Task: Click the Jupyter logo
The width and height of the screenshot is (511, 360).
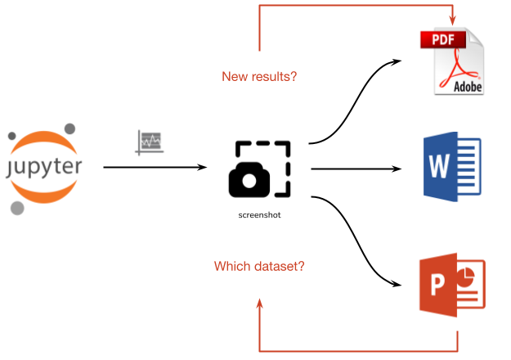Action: click(46, 168)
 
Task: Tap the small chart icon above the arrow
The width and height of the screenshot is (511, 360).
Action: click(150, 142)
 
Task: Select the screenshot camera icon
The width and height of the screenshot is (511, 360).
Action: click(259, 169)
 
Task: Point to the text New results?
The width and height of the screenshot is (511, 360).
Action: click(259, 77)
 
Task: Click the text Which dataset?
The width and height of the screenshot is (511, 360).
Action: click(259, 267)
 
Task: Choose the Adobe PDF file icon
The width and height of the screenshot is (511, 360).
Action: click(452, 62)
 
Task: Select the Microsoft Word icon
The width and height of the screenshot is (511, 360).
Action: click(451, 168)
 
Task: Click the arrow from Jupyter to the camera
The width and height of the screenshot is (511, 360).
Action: click(155, 168)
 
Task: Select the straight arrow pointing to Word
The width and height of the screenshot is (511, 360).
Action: click(357, 169)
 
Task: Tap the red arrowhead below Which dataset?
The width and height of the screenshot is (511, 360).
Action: click(260, 304)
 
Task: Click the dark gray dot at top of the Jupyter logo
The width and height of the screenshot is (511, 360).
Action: click(69, 128)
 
